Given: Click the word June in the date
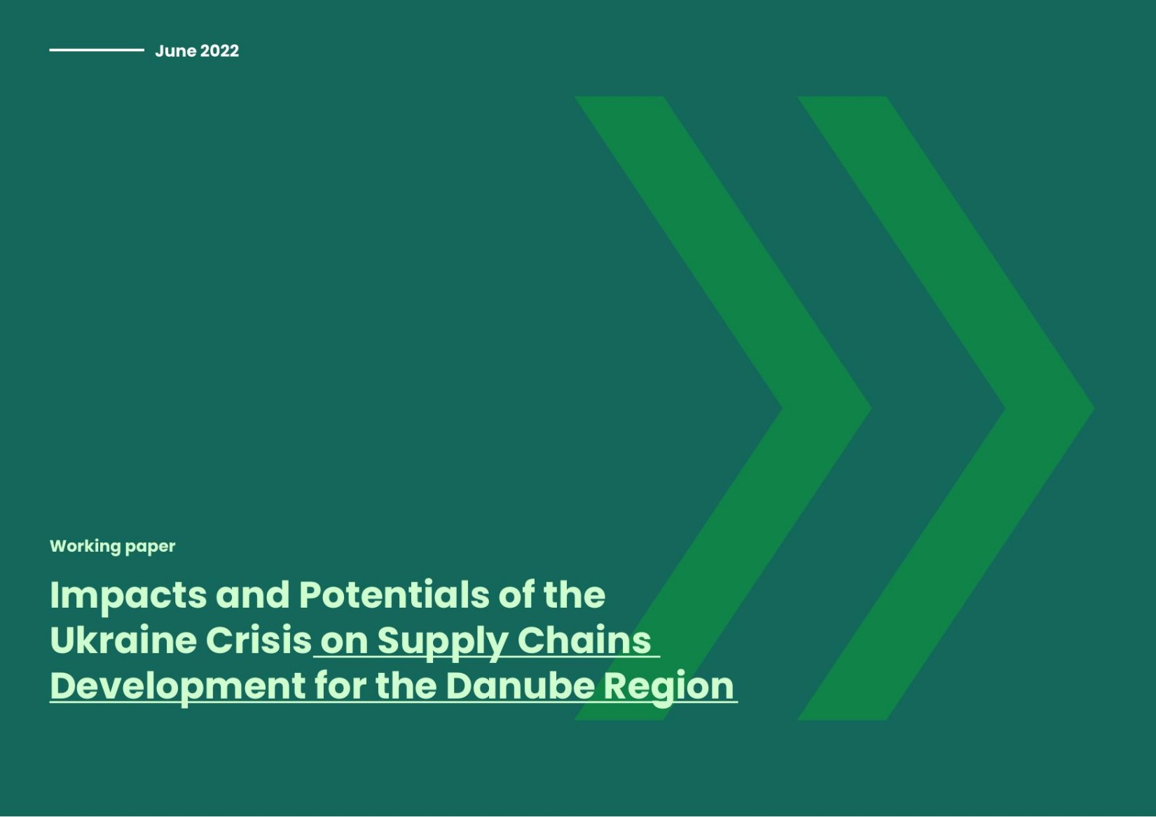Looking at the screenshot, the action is coord(176,51).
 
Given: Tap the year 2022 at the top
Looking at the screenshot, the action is coord(219,51).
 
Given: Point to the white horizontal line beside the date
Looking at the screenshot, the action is coord(97,50).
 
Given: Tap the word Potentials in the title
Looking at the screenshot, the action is coord(394,594).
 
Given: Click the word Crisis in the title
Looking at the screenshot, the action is coord(259,640).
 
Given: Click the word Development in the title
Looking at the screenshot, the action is coord(177,687).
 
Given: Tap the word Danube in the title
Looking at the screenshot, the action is coord(520,685).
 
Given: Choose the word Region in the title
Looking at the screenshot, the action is coord(668,687).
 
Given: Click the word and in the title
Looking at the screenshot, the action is coord(252,594).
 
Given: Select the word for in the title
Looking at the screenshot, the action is coord(340,685).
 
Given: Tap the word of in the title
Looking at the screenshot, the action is coord(516,594).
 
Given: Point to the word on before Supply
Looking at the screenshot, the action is coord(344,643).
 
